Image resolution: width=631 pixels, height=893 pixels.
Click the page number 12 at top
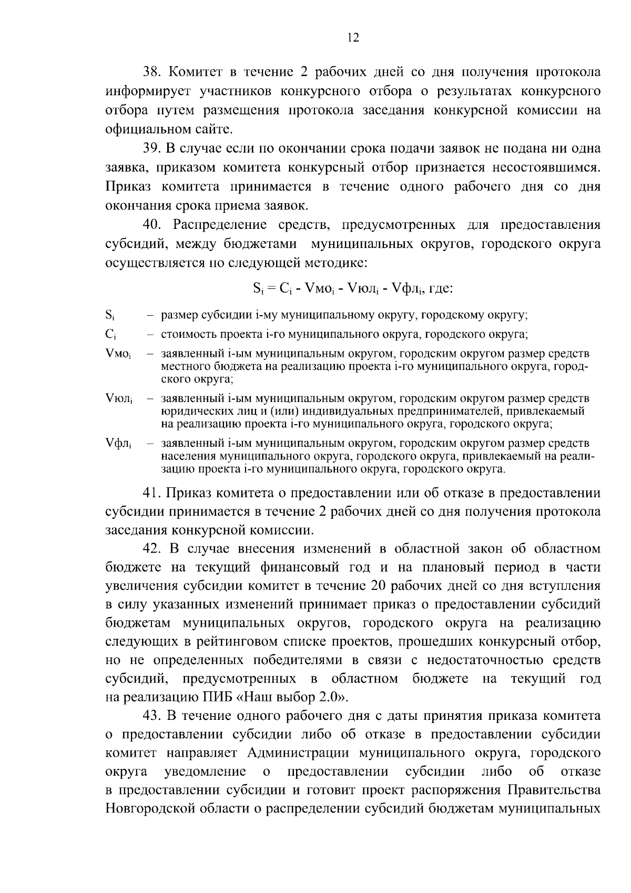click(353, 38)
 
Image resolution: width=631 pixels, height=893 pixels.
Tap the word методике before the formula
click(339, 263)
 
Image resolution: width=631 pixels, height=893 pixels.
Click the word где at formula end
click(442, 288)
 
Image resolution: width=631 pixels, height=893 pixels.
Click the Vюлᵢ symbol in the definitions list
click(119, 399)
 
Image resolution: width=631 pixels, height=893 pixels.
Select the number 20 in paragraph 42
click(379, 586)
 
